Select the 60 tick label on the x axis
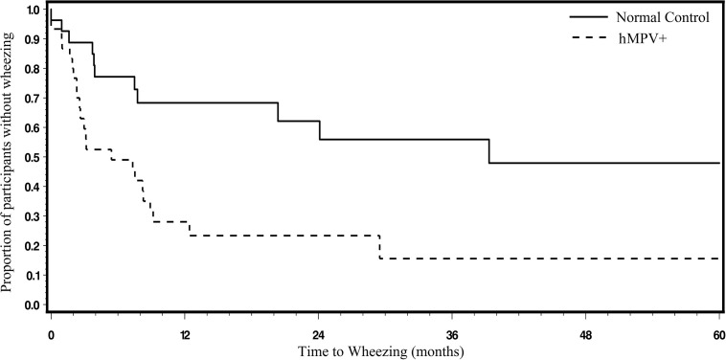point(718,335)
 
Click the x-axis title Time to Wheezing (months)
point(381,351)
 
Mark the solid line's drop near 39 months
point(489,151)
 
